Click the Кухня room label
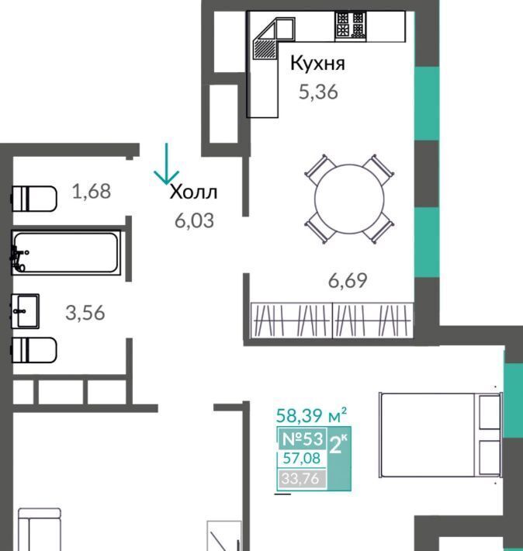[x=317, y=64]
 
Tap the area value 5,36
[x=318, y=92]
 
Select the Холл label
[x=193, y=192]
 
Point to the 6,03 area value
[x=194, y=221]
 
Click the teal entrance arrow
[x=167, y=164]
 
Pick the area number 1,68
[x=92, y=192]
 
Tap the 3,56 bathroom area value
[x=85, y=313]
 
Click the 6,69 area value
[x=348, y=280]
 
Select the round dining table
[x=349, y=199]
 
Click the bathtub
[x=66, y=252]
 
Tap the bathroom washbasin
[x=25, y=311]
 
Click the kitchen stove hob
[x=351, y=26]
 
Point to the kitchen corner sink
[x=273, y=39]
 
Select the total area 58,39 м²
[x=311, y=415]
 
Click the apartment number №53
[x=303, y=438]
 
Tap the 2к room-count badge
[x=339, y=445]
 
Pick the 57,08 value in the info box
[x=302, y=458]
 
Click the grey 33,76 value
[x=300, y=479]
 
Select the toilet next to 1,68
[x=34, y=199]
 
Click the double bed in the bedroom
[x=441, y=435]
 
